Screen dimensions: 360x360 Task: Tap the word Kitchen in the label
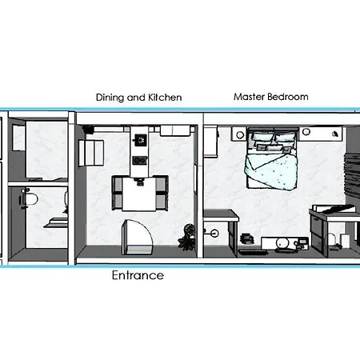(x=165, y=98)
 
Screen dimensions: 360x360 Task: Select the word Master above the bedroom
(x=250, y=97)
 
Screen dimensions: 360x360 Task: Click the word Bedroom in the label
(x=288, y=97)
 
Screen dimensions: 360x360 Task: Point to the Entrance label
(x=138, y=275)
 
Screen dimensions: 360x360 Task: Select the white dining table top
(x=138, y=194)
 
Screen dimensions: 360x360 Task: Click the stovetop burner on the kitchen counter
(x=141, y=140)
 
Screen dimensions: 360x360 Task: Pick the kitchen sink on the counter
(x=140, y=160)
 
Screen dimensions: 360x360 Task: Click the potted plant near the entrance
(x=187, y=237)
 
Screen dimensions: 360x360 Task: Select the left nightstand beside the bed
(x=239, y=134)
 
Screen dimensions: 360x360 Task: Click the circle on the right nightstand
(x=306, y=132)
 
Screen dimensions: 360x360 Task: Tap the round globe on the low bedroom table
(x=282, y=244)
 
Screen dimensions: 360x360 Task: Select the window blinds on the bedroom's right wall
(x=352, y=174)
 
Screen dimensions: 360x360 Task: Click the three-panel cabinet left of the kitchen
(x=91, y=153)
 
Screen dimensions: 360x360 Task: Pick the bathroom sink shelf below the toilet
(x=56, y=223)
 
